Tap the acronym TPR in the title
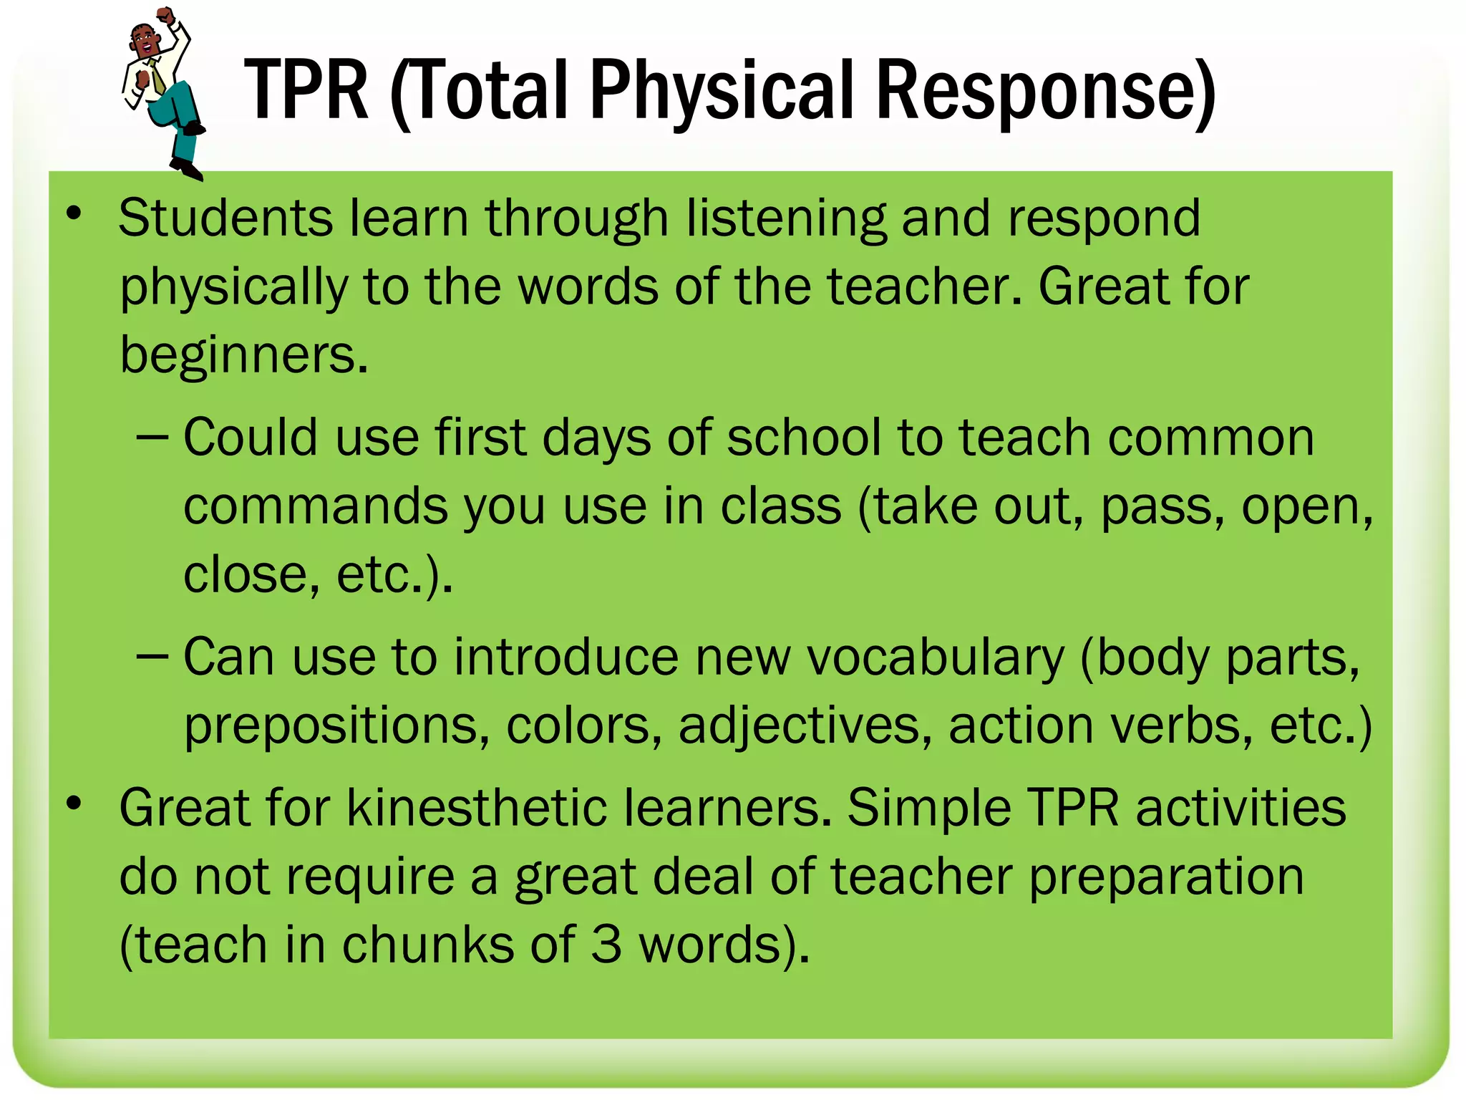click(306, 91)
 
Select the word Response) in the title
click(1046, 91)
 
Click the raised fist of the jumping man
click(166, 14)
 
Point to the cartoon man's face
click(145, 43)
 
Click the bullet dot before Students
click(74, 213)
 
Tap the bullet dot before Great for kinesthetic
click(74, 804)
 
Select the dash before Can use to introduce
click(152, 655)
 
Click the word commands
click(315, 507)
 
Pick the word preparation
click(1166, 877)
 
